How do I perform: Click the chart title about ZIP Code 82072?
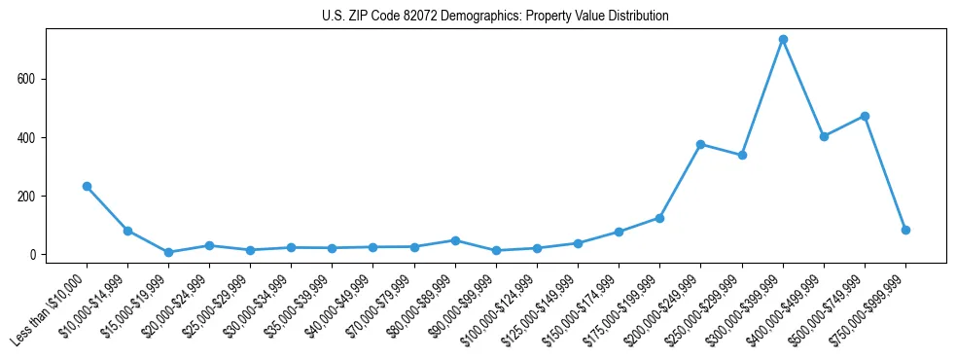pyautogui.click(x=495, y=17)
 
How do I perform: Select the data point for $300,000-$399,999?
pyautogui.click(x=783, y=39)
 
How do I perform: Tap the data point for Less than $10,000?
pyautogui.click(x=87, y=186)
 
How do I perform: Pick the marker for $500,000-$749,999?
pyautogui.click(x=865, y=116)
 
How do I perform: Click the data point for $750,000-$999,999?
pyautogui.click(x=905, y=230)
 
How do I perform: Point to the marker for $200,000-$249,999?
pyautogui.click(x=700, y=144)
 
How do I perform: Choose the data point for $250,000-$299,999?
pyautogui.click(x=742, y=155)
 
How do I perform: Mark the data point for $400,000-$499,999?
pyautogui.click(x=824, y=136)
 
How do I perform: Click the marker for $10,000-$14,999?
pyautogui.click(x=127, y=231)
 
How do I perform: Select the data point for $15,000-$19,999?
pyautogui.click(x=168, y=252)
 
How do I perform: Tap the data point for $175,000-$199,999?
pyautogui.click(x=659, y=218)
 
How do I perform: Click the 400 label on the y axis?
pyautogui.click(x=32, y=137)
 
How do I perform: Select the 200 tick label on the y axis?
pyautogui.click(x=32, y=196)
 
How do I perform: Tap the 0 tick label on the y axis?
pyautogui.click(x=36, y=255)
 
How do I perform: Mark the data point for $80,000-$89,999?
pyautogui.click(x=455, y=240)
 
